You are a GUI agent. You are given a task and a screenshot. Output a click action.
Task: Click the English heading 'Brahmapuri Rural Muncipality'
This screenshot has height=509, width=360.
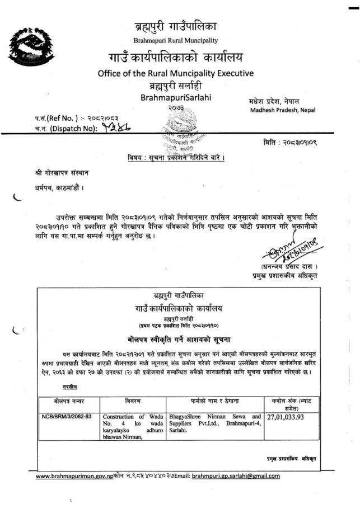(x=175, y=40)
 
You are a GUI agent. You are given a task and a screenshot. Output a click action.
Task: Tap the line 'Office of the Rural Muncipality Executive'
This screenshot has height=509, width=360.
(x=175, y=73)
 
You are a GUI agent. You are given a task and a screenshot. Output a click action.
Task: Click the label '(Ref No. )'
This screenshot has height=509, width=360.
(x=53, y=119)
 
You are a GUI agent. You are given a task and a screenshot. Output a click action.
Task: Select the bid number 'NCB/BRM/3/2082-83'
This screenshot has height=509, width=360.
(x=68, y=417)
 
